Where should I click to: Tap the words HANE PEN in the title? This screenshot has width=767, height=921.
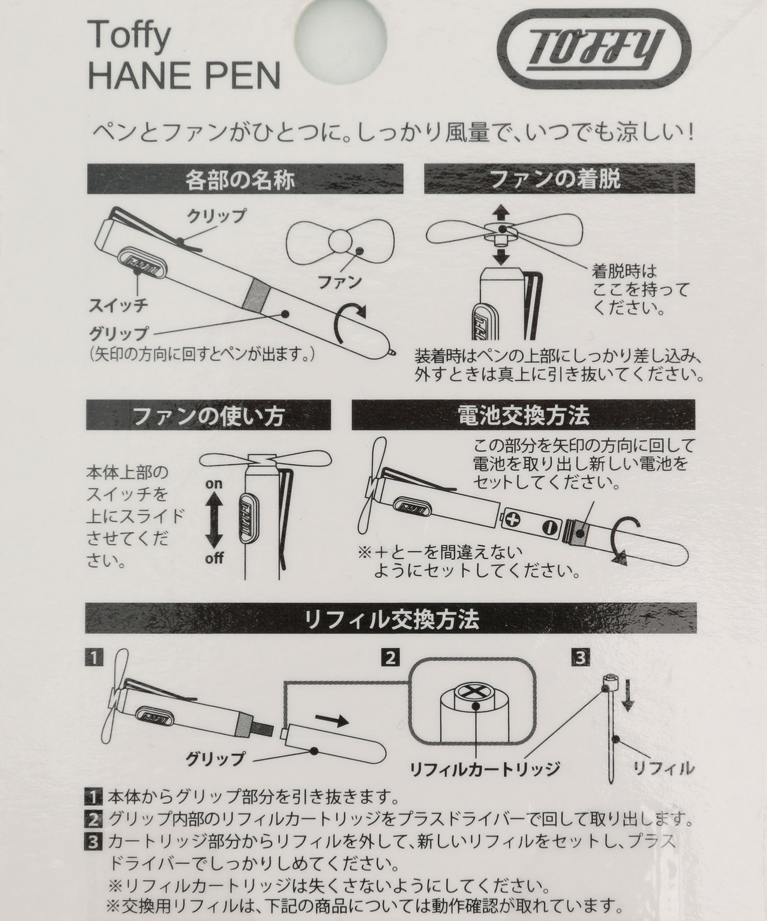tap(185, 75)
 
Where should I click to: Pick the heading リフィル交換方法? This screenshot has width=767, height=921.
tap(391, 620)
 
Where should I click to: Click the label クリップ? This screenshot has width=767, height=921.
tap(216, 215)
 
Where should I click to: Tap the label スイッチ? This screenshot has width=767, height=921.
tap(119, 305)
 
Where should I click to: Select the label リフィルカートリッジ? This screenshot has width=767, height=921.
tap(485, 768)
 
